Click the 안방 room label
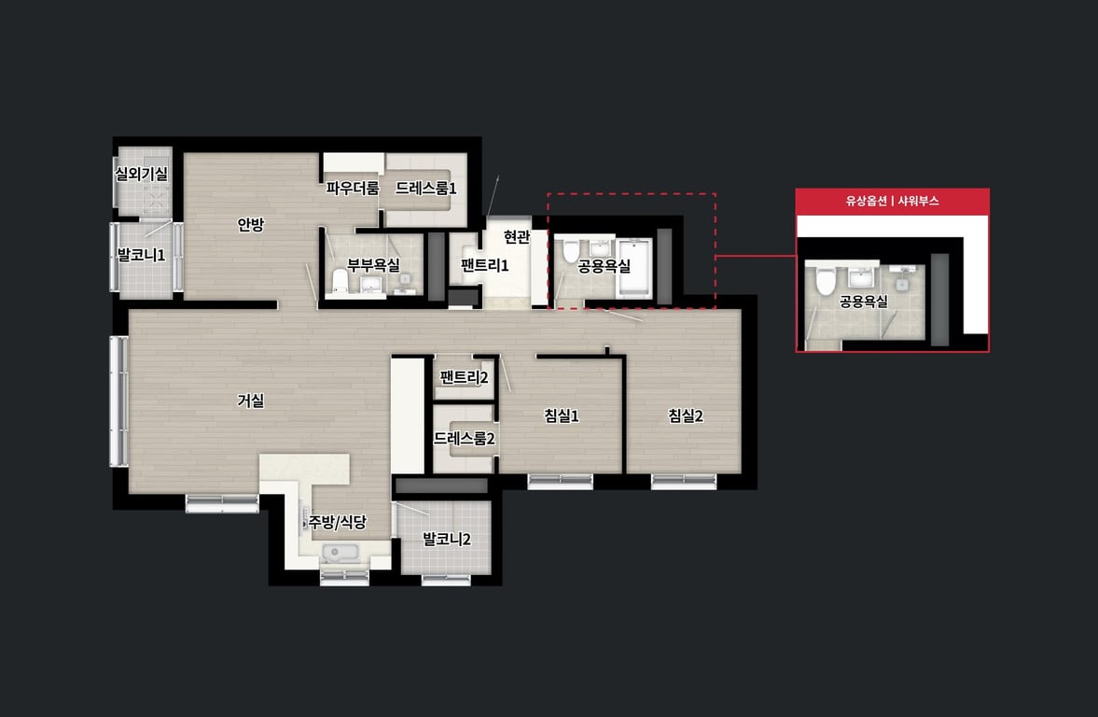tap(250, 225)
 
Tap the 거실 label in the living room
tap(250, 401)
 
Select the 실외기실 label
tap(142, 174)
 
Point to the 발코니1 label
tap(142, 255)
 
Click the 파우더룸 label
tap(353, 189)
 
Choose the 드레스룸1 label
tap(425, 189)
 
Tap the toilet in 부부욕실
tap(340, 282)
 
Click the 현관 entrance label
tap(517, 237)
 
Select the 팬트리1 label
tap(484, 266)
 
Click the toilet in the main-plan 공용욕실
tap(571, 250)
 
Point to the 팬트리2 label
tap(465, 378)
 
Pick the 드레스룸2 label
tap(465, 439)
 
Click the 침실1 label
tap(562, 416)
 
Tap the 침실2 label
tap(686, 416)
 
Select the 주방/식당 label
tap(338, 523)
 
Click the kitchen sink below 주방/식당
tap(341, 553)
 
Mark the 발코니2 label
tap(447, 540)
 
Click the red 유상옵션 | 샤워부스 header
tap(892, 201)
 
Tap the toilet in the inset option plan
tap(826, 281)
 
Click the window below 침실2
tap(684, 482)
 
